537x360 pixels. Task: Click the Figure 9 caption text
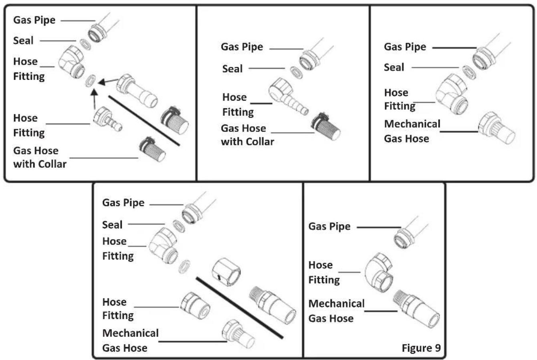(x=421, y=348)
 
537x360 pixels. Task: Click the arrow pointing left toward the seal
(x=107, y=82)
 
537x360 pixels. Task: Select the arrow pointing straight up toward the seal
(x=94, y=100)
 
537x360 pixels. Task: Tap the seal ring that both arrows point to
(x=91, y=81)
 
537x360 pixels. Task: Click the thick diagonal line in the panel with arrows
(x=144, y=121)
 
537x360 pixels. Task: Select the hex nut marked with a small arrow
(x=226, y=273)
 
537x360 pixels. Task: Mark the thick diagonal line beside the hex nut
(x=239, y=307)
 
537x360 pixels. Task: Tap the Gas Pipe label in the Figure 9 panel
(x=329, y=227)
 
